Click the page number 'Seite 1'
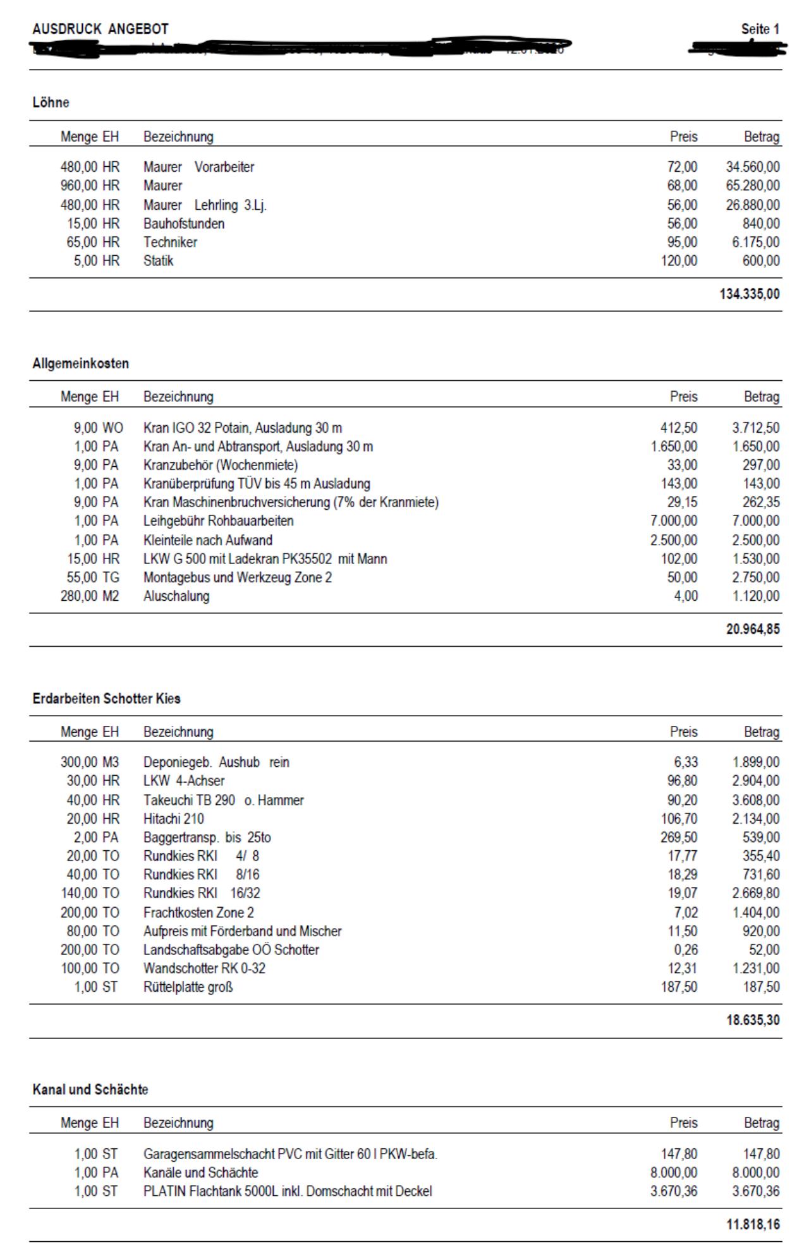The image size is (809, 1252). (x=760, y=29)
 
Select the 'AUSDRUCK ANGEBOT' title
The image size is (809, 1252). (x=100, y=29)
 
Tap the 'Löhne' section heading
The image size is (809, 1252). (x=51, y=102)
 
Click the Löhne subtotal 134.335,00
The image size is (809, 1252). (x=749, y=294)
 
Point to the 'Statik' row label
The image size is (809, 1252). (x=158, y=261)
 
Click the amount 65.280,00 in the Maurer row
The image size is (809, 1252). (x=753, y=186)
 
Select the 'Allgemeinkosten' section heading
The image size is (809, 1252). (x=80, y=363)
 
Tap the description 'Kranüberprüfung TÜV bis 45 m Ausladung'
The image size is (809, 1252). (x=257, y=484)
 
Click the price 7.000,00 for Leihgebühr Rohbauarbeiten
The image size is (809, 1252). (x=674, y=521)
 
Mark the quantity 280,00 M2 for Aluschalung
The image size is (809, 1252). (x=90, y=596)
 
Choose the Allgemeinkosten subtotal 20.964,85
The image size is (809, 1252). (x=753, y=629)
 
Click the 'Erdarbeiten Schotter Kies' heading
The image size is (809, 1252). (x=106, y=699)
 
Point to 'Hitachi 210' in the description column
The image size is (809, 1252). (x=173, y=819)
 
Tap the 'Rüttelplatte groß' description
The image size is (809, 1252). (x=188, y=987)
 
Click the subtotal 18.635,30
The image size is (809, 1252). (x=753, y=1020)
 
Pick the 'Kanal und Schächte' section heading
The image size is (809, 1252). (x=90, y=1090)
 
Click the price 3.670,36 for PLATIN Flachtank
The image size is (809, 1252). (x=674, y=1191)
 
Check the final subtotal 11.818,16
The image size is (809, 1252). (x=753, y=1224)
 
